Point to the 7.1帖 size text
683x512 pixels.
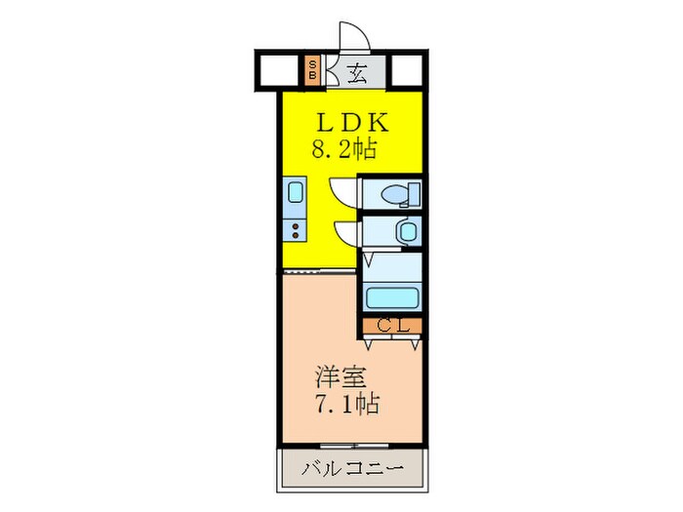tap(347, 401)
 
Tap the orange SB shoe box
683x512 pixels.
tap(313, 69)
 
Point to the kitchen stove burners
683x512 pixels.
tap(294, 230)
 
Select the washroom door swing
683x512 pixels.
tap(345, 231)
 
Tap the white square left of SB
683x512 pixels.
tap(276, 69)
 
